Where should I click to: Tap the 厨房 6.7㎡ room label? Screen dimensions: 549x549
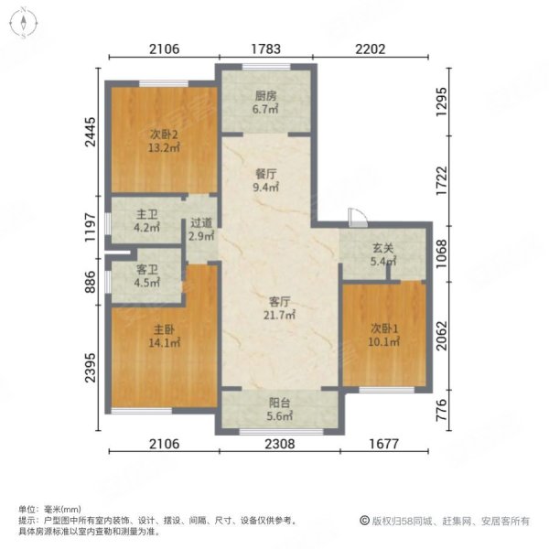(x=266, y=102)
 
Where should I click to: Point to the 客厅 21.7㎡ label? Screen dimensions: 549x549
(x=278, y=307)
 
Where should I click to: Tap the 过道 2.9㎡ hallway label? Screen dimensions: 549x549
(x=201, y=229)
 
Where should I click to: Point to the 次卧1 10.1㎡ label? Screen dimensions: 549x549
(x=384, y=336)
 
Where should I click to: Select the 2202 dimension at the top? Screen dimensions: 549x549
(x=366, y=50)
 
